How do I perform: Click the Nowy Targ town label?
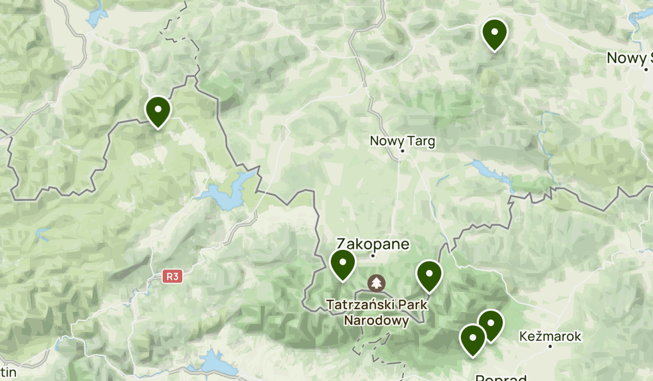click(x=402, y=142)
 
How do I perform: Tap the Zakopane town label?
click(x=373, y=243)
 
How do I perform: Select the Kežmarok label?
click(x=550, y=336)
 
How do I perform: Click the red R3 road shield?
click(x=173, y=276)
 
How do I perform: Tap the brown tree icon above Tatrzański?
click(x=376, y=282)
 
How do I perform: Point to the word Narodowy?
click(x=376, y=321)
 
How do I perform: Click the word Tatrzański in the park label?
click(x=376, y=304)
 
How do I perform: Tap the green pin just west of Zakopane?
click(x=343, y=263)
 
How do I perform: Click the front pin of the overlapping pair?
click(x=472, y=338)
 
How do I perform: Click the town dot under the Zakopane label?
click(x=373, y=255)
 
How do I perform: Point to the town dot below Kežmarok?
click(x=550, y=346)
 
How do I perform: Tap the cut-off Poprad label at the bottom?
click(x=501, y=377)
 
